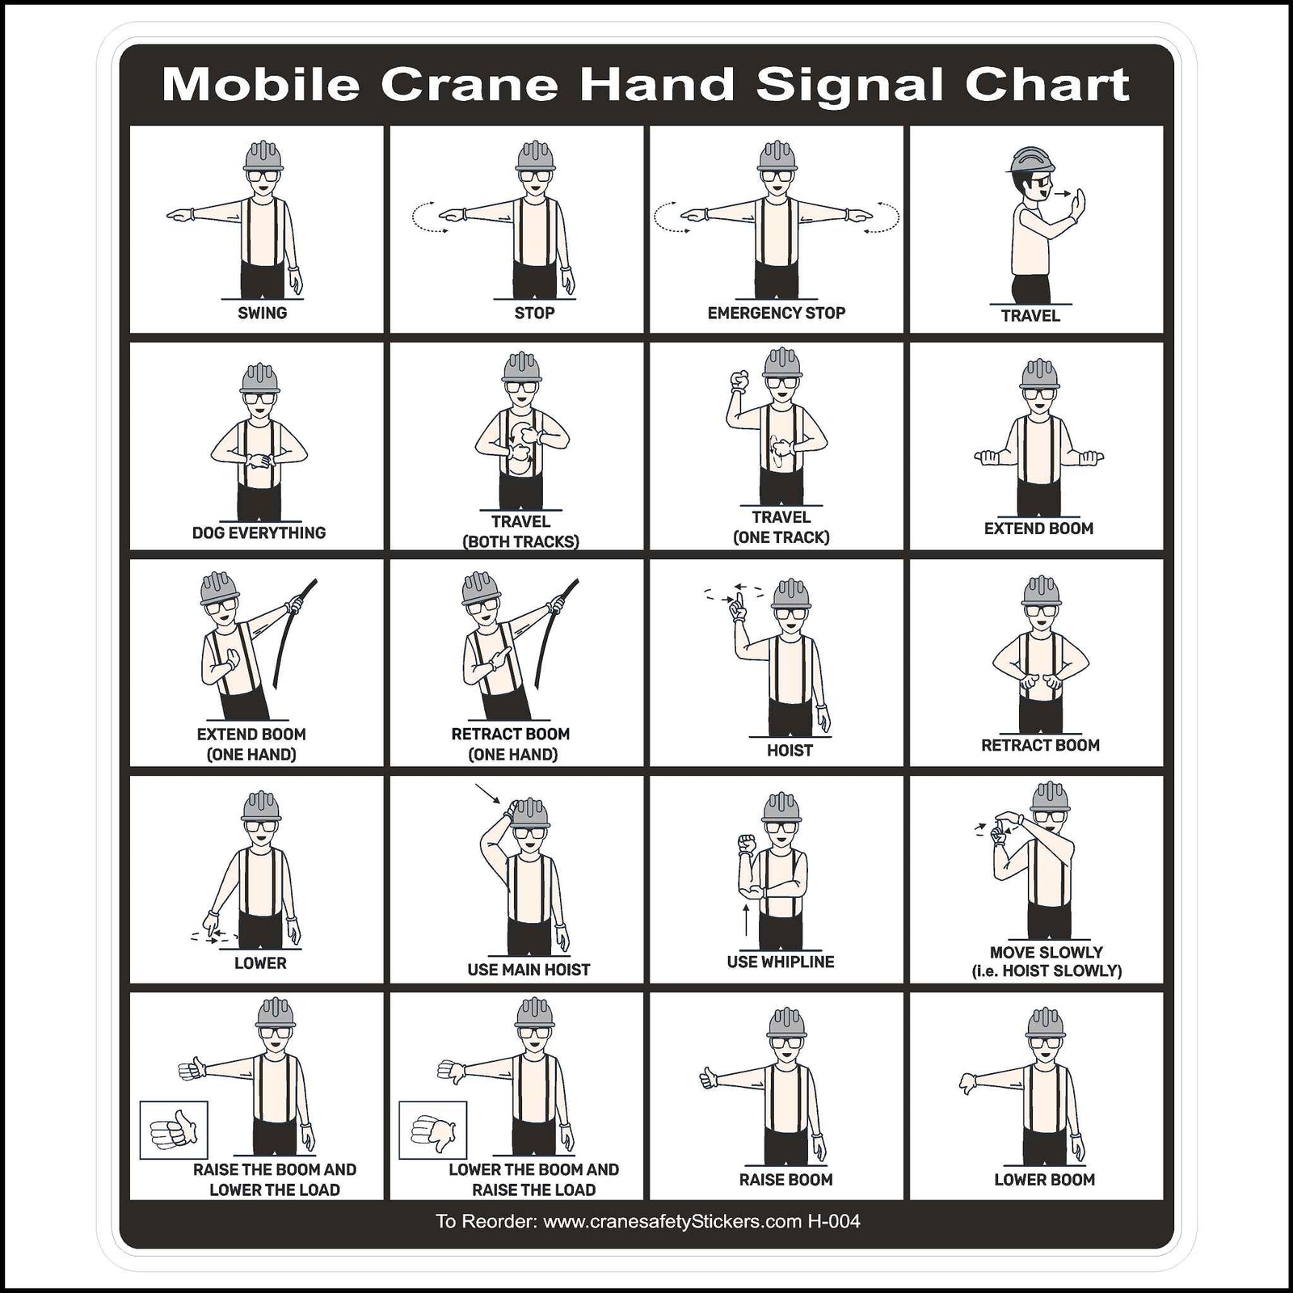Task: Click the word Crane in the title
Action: click(469, 85)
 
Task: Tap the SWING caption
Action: click(262, 313)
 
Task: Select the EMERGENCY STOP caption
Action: click(776, 313)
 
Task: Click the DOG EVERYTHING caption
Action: click(259, 533)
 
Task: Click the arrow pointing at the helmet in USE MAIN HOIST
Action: click(487, 794)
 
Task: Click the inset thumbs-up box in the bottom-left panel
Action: click(174, 1130)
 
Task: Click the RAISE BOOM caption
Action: click(785, 1180)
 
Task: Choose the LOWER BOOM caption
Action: click(1044, 1180)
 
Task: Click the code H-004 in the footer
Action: click(833, 1221)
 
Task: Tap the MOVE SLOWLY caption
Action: click(1046, 953)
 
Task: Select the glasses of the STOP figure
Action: click(534, 176)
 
